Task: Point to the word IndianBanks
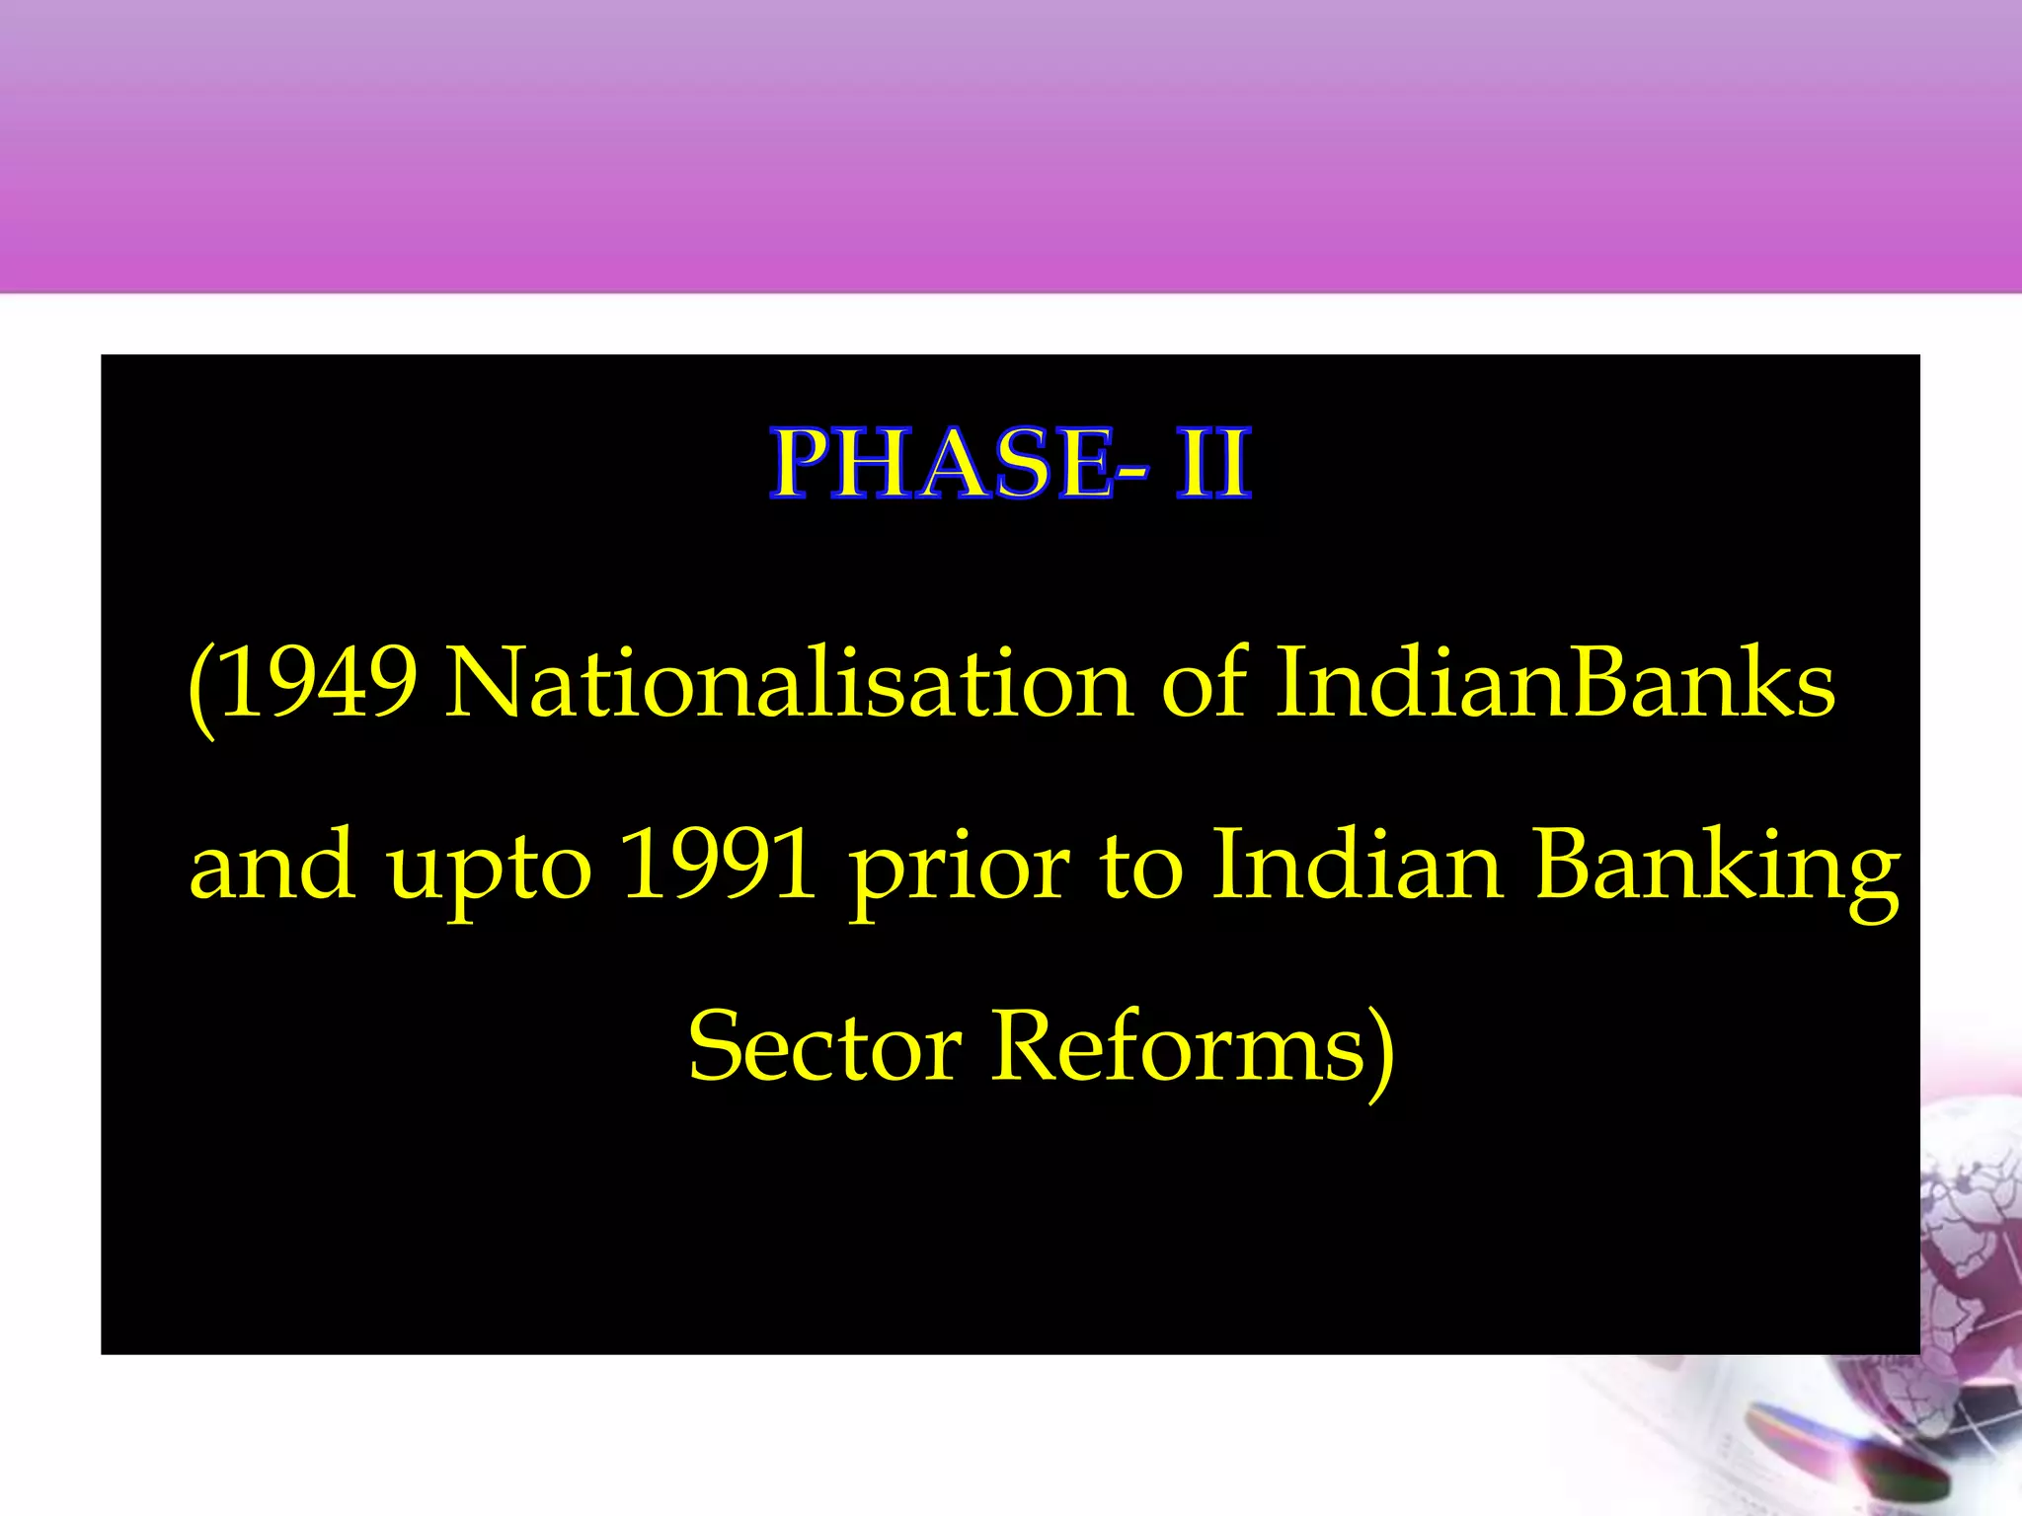click(x=1555, y=683)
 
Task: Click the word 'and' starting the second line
click(x=272, y=866)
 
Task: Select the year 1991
click(x=719, y=866)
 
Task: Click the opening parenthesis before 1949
click(x=200, y=688)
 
